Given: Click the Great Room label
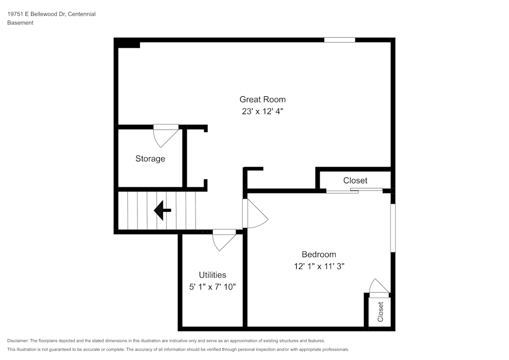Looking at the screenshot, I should (x=262, y=99).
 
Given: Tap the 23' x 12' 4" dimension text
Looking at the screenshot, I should (x=262, y=111).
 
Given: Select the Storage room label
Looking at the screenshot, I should (x=150, y=158).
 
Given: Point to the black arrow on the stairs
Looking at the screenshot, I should (x=162, y=210).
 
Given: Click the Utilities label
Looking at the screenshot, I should (x=212, y=275).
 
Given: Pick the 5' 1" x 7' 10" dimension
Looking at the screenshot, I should (x=212, y=287).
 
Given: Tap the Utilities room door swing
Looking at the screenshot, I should (x=223, y=240).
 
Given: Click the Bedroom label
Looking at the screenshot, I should (x=319, y=255).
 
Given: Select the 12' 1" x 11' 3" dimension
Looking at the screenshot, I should (x=319, y=266).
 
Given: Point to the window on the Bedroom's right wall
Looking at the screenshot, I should (x=392, y=228).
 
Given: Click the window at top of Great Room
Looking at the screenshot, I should (x=340, y=40).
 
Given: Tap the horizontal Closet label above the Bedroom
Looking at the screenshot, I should (x=355, y=180).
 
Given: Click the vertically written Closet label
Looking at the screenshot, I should (x=380, y=312).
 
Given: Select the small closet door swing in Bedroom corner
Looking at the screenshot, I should (x=379, y=288).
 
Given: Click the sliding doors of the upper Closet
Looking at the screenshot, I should (x=354, y=191).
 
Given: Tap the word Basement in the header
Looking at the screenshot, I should (x=20, y=23).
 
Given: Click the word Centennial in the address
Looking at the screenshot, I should (x=81, y=14).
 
